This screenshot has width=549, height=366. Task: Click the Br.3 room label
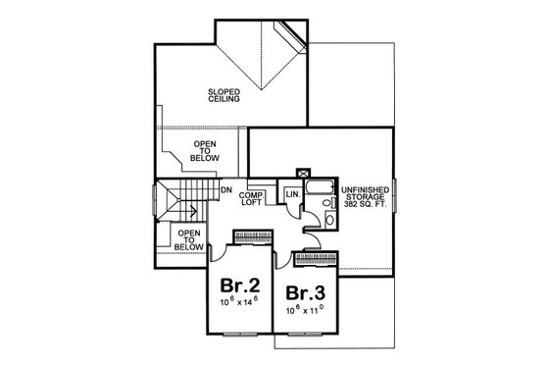306,293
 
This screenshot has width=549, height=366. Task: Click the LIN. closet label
292,194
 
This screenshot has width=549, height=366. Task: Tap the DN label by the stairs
225,189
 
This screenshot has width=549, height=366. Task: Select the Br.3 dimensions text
306,311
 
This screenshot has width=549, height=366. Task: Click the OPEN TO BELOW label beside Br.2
189,241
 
